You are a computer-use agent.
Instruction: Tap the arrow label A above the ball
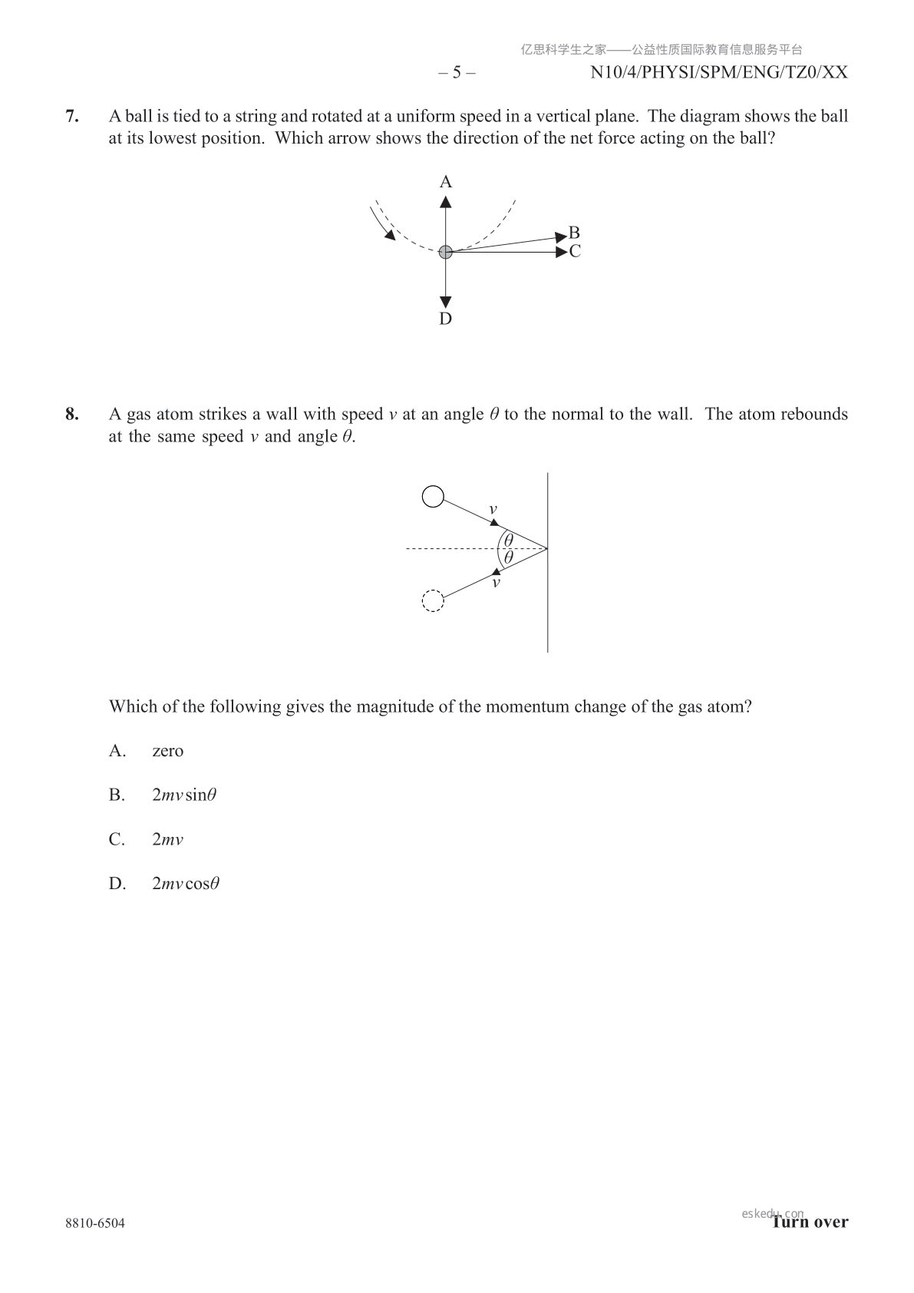pos(445,182)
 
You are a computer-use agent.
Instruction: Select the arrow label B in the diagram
pos(574,233)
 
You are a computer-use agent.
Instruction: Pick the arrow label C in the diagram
pos(575,251)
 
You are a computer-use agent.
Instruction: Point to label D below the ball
pos(445,319)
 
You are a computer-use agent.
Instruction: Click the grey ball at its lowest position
pos(445,251)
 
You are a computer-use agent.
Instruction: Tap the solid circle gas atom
pos(434,497)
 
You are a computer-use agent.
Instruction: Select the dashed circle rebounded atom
pos(434,600)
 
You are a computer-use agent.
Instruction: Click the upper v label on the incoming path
pos(493,509)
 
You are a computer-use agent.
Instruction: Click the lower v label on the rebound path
pos(496,583)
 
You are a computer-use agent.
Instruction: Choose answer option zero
pos(167,751)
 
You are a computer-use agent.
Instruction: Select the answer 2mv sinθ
pos(184,795)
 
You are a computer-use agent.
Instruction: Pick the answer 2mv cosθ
pos(186,884)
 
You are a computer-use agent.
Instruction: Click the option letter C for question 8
pos(117,839)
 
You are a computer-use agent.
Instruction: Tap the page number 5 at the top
pos(457,73)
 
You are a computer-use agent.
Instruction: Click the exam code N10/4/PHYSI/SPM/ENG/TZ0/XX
pos(719,73)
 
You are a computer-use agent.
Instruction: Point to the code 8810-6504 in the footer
pos(95,1223)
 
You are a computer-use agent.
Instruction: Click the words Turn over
pos(810,1222)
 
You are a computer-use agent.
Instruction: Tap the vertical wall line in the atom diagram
pos(547,599)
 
